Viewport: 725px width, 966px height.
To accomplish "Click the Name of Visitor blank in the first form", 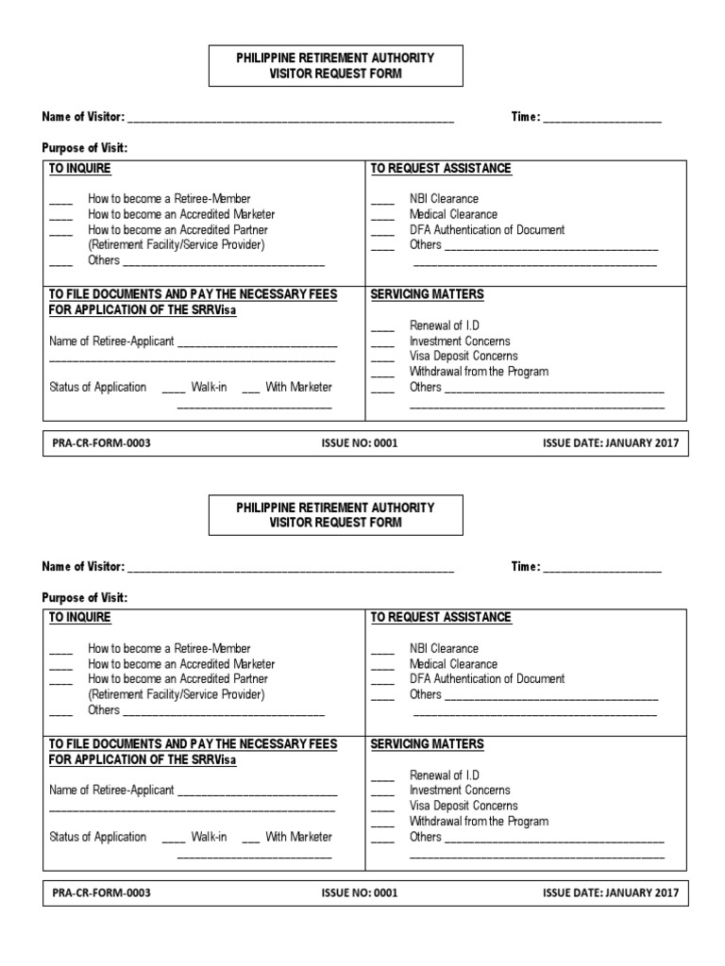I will (290, 120).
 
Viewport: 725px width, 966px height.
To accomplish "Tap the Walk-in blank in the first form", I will (174, 390).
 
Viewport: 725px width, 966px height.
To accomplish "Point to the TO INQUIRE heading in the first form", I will (79, 169).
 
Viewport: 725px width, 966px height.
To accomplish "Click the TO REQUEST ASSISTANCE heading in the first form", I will (441, 169).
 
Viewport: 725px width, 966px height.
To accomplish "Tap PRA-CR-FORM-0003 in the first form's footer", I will (101, 443).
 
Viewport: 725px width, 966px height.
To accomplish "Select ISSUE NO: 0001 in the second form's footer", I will (359, 892).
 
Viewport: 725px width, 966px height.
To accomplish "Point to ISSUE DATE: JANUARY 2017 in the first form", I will (611, 443).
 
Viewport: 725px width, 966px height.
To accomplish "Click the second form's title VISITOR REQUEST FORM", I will (335, 523).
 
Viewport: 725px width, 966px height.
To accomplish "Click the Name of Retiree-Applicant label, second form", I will (111, 791).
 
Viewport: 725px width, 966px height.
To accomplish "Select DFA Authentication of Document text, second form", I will (487, 679).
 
